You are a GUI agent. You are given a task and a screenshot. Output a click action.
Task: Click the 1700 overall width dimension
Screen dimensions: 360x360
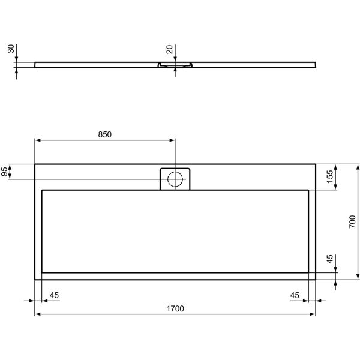point(175,309)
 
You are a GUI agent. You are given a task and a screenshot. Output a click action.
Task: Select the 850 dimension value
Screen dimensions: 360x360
point(104,135)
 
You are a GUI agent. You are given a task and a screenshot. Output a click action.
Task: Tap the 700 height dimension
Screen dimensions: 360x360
point(353,222)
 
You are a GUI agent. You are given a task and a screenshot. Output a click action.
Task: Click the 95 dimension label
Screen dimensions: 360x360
point(5,172)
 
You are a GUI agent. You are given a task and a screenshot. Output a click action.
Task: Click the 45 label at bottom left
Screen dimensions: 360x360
point(54,295)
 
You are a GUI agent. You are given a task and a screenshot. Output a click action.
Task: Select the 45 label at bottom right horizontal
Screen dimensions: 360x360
point(295,295)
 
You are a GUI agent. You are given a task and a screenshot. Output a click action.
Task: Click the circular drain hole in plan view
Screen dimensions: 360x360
point(175,179)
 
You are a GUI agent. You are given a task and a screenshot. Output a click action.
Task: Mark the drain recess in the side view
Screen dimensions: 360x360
point(175,64)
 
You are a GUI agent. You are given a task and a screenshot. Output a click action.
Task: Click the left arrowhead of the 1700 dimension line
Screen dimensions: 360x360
point(38,314)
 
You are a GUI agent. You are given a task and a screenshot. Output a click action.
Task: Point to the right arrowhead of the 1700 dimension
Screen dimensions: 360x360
point(313,314)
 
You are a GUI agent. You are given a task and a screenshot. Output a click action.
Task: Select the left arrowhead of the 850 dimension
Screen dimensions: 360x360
point(38,140)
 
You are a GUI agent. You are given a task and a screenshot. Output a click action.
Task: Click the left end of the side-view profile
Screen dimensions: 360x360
point(36,63)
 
